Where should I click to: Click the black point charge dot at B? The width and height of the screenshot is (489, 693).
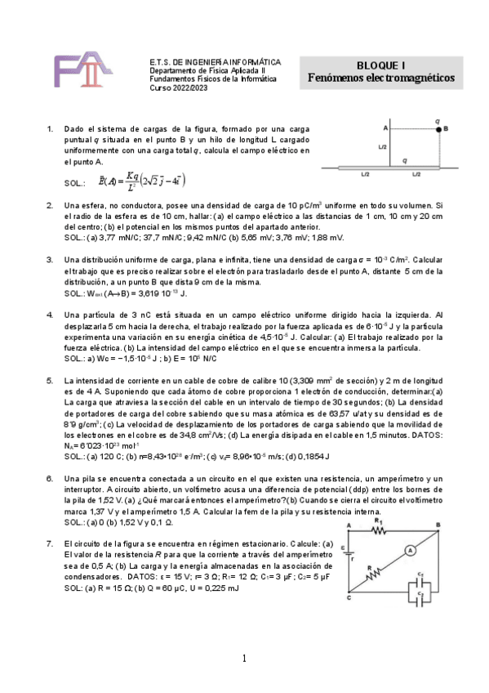(x=438, y=128)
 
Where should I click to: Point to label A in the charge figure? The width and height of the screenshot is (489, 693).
(x=385, y=128)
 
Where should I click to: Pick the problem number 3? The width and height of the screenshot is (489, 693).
(x=51, y=259)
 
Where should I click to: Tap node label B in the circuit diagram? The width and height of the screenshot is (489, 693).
(x=438, y=525)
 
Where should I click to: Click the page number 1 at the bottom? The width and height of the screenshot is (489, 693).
(x=244, y=659)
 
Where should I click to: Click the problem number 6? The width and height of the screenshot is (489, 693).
(x=51, y=478)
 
